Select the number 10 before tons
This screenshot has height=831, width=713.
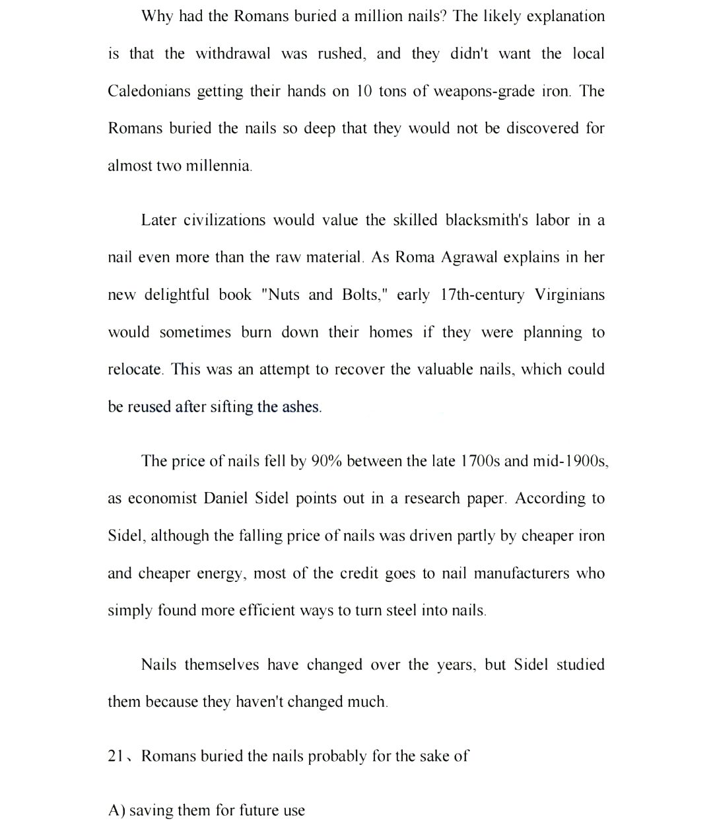click(x=364, y=91)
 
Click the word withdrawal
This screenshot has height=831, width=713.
click(x=232, y=54)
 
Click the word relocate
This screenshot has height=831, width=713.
click(x=135, y=369)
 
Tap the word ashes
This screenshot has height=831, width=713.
click(x=301, y=407)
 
